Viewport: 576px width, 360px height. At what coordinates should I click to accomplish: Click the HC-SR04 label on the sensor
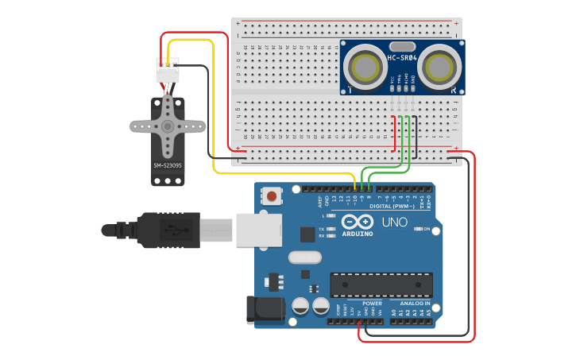[401, 56]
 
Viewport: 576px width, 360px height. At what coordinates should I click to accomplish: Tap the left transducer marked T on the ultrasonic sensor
[365, 65]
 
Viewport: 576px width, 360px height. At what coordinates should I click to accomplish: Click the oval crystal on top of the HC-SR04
[402, 46]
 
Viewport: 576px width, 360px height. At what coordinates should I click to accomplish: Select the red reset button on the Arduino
[273, 195]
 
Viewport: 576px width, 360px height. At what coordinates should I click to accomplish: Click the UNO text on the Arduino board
[395, 222]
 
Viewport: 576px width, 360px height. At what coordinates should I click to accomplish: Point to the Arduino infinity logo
[358, 223]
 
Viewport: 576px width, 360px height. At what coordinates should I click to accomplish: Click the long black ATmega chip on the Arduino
[381, 285]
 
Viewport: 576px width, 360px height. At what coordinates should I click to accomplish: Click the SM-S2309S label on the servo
[168, 165]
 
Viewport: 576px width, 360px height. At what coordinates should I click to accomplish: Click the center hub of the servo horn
[168, 126]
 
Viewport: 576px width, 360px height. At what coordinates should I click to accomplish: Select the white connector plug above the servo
[168, 71]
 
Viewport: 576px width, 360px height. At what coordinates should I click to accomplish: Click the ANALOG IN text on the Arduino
[415, 303]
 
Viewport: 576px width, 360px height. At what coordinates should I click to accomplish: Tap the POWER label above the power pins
[372, 303]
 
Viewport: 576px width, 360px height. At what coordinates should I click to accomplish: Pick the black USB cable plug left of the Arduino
[167, 230]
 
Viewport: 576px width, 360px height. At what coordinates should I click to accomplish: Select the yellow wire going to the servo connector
[213, 103]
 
